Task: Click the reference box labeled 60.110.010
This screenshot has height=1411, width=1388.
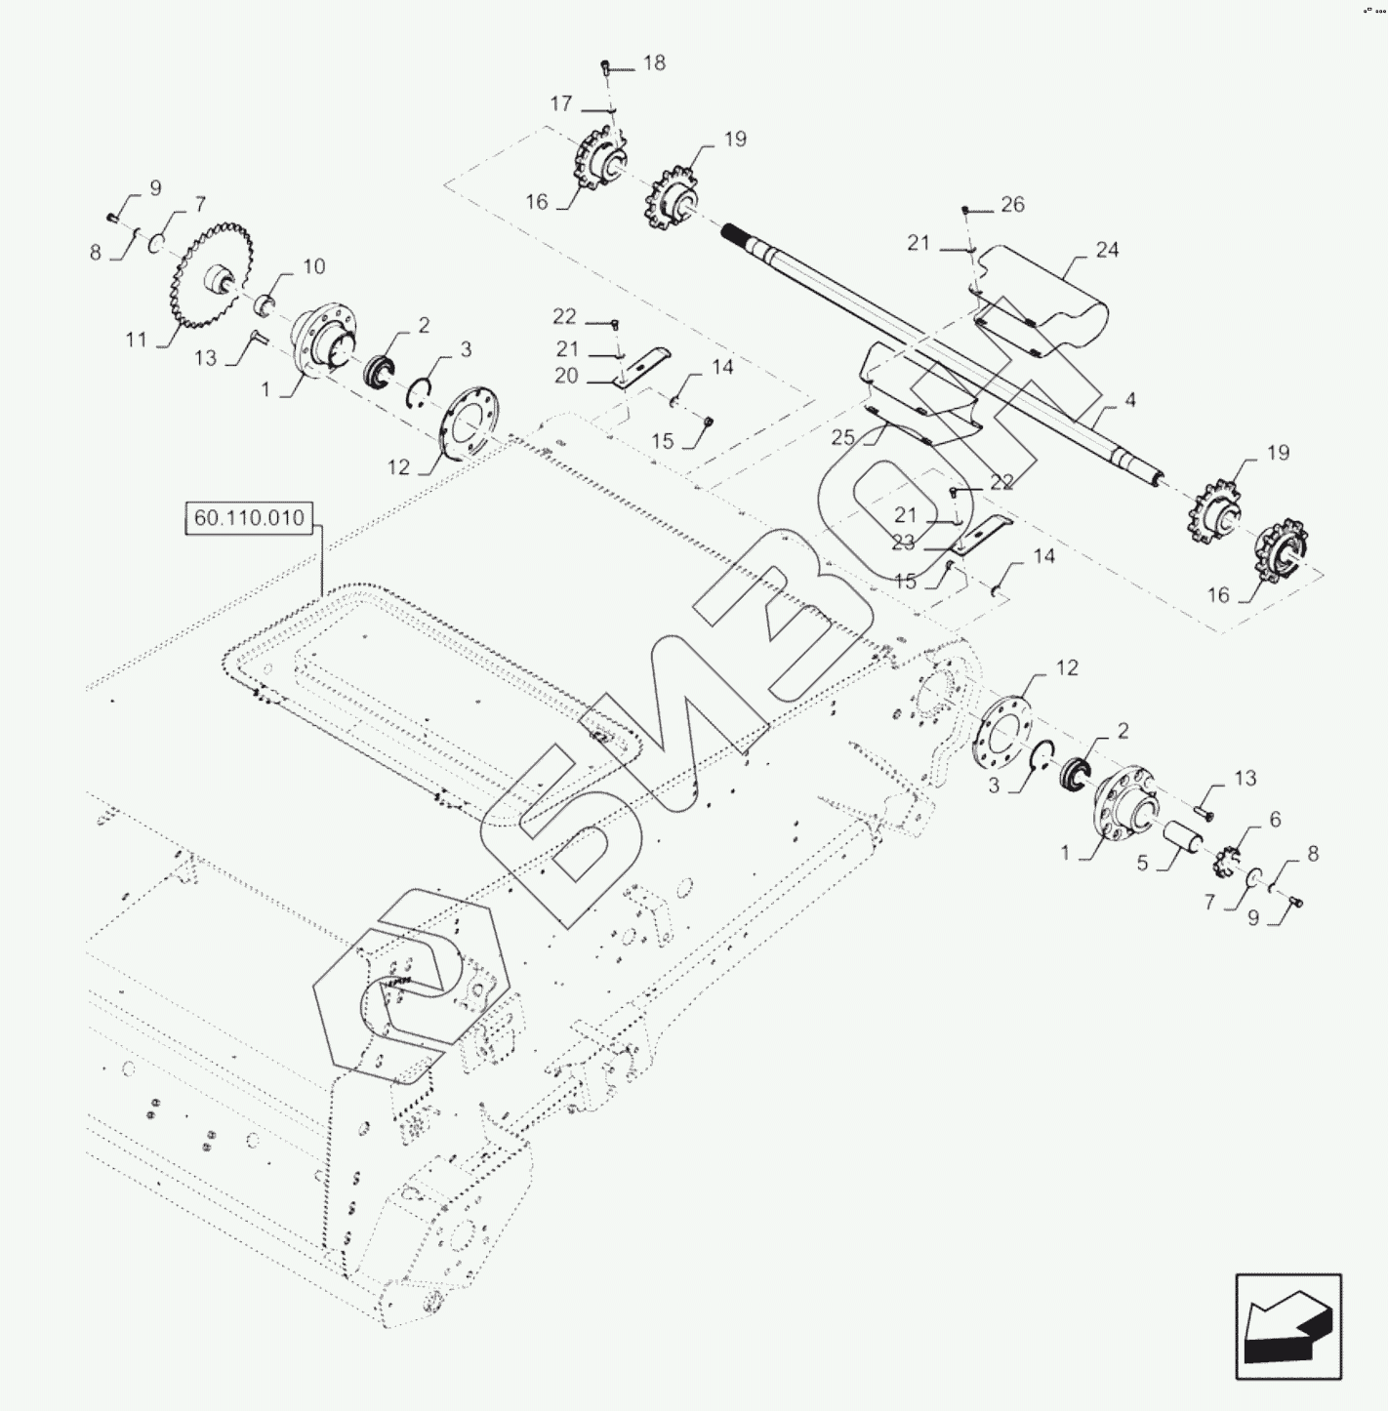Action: (248, 518)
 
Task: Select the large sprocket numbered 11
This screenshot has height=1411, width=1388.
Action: (212, 276)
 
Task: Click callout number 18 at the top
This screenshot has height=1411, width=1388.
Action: (654, 63)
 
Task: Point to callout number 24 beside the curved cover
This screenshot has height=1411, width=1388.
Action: (1107, 251)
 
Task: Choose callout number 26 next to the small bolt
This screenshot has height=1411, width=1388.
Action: (1012, 204)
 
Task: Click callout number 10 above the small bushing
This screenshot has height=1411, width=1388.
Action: (313, 266)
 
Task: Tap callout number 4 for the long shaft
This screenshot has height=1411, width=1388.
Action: (1129, 400)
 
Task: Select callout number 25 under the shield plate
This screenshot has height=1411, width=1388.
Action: (843, 438)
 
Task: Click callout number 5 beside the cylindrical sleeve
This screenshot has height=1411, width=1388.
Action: (1142, 864)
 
